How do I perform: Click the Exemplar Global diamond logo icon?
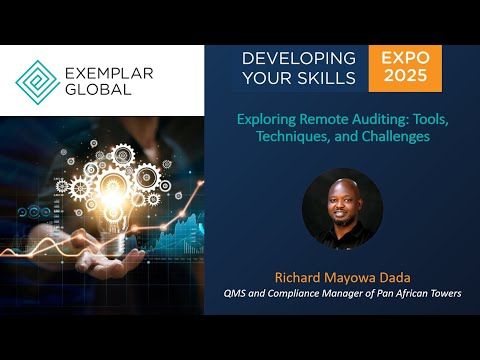coord(37,81)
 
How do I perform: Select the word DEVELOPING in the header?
coord(298,58)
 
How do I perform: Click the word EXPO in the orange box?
coord(405,58)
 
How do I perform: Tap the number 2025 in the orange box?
coord(405,78)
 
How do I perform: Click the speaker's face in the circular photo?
coord(342,199)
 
